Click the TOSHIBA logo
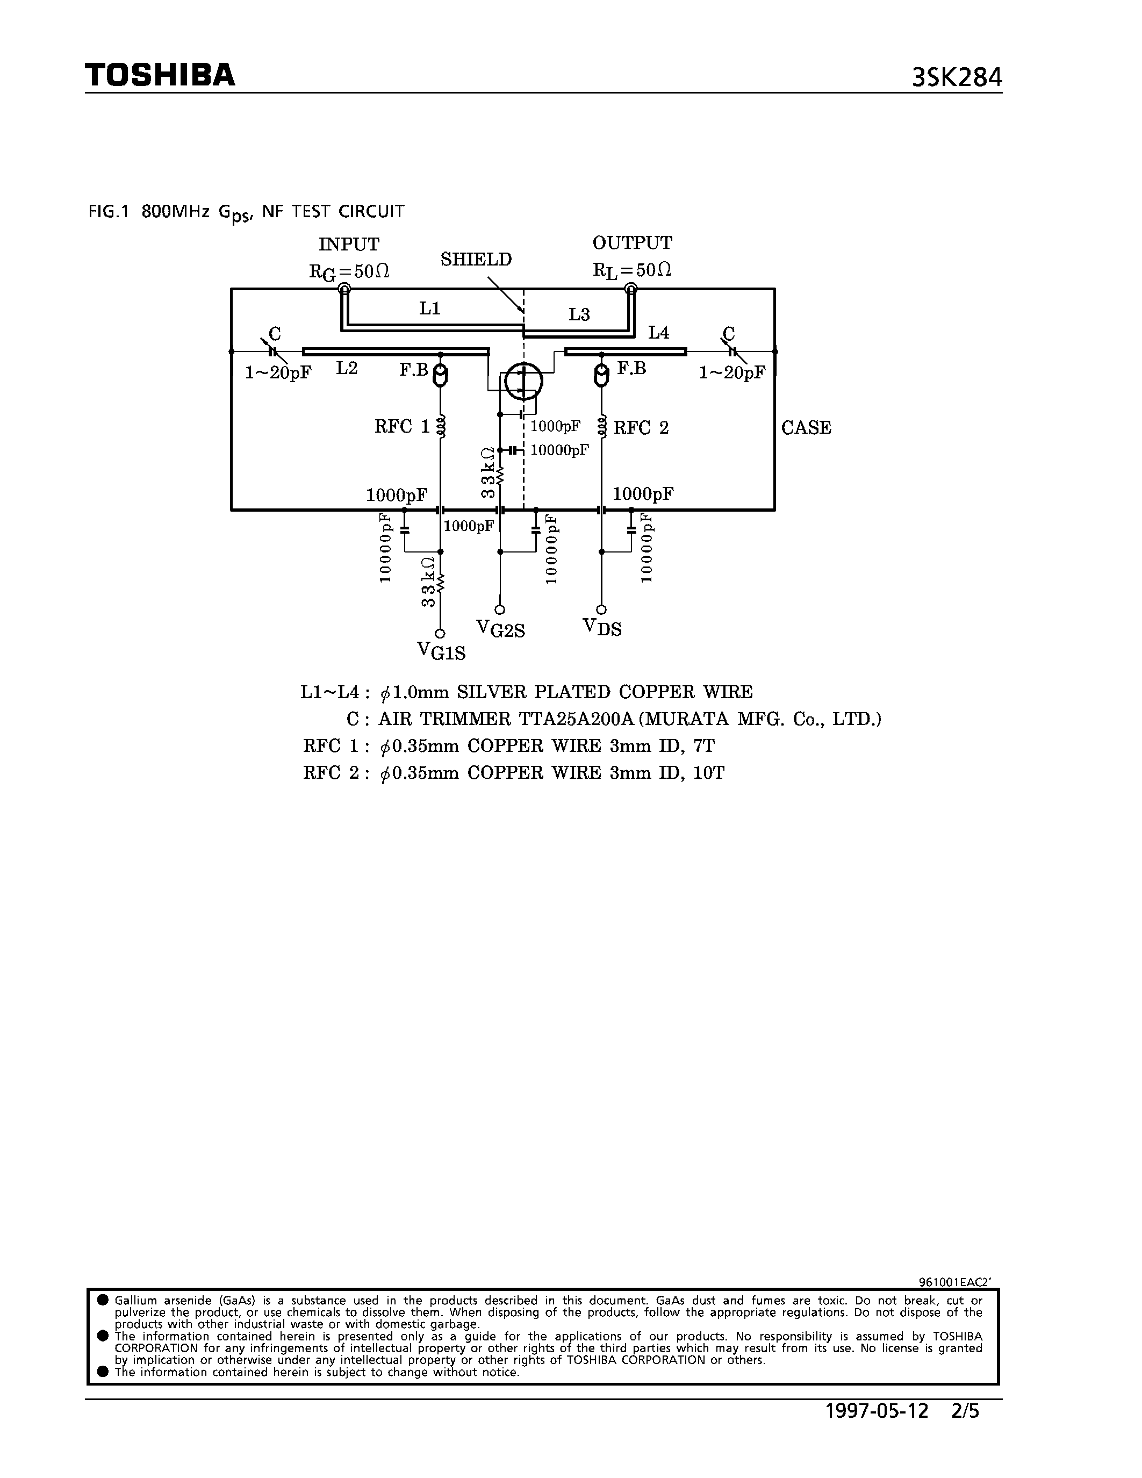pyautogui.click(x=160, y=75)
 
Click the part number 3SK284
pyautogui.click(x=956, y=78)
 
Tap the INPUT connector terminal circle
pyautogui.click(x=344, y=290)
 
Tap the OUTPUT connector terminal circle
pyautogui.click(x=630, y=290)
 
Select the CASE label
pyautogui.click(x=806, y=428)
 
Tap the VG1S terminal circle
pyautogui.click(x=440, y=634)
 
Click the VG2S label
pyautogui.click(x=501, y=629)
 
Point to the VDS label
pyautogui.click(x=602, y=627)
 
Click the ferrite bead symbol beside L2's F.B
pyautogui.click(x=441, y=376)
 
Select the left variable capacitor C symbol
pyautogui.click(x=272, y=351)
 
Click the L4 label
pyautogui.click(x=658, y=332)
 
